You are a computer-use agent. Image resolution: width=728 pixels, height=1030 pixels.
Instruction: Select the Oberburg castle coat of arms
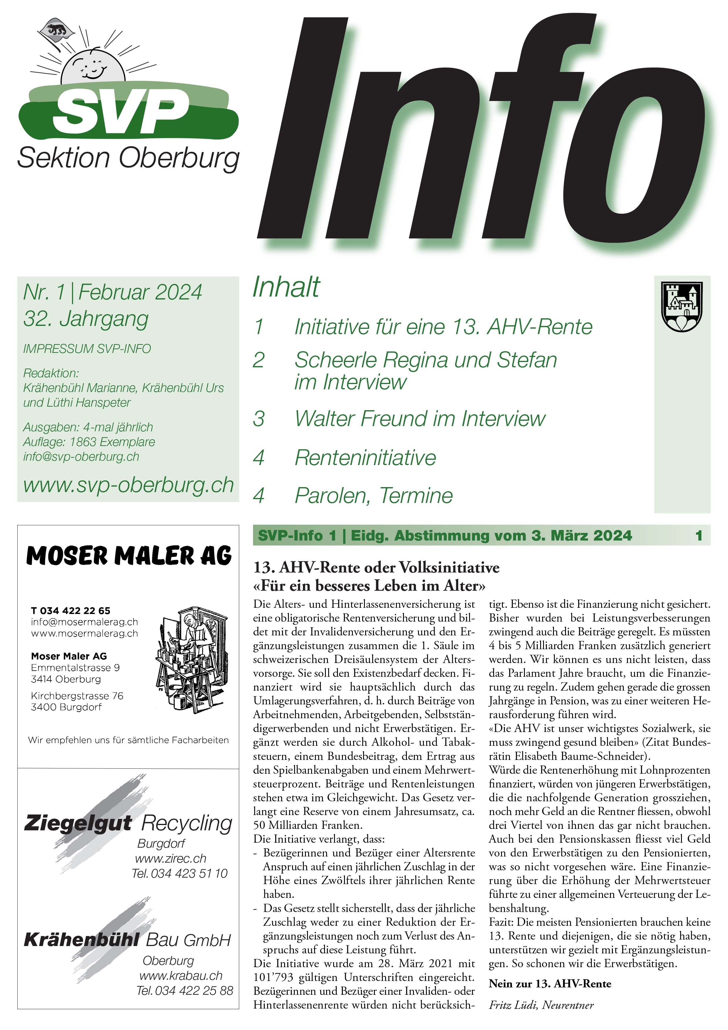point(682,307)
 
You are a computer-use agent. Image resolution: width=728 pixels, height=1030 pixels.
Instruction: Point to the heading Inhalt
point(286,287)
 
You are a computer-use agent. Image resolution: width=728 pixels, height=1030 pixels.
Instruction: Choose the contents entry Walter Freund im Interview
point(420,419)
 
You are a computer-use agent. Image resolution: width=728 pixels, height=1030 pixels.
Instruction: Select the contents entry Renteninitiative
point(365,457)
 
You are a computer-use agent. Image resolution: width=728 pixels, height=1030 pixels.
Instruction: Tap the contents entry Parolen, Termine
point(373,496)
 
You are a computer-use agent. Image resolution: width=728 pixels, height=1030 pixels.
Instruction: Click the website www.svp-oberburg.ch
point(128,485)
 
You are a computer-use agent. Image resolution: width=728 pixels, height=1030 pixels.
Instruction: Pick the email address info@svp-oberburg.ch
point(81,457)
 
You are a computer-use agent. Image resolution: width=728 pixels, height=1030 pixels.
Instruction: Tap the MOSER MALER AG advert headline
point(129,556)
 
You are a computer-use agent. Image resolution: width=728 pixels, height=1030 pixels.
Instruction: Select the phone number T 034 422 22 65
point(70,610)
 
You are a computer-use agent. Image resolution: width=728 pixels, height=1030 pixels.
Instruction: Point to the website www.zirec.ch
point(171,859)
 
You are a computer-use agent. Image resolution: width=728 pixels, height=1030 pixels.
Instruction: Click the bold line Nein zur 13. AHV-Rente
point(550,984)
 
